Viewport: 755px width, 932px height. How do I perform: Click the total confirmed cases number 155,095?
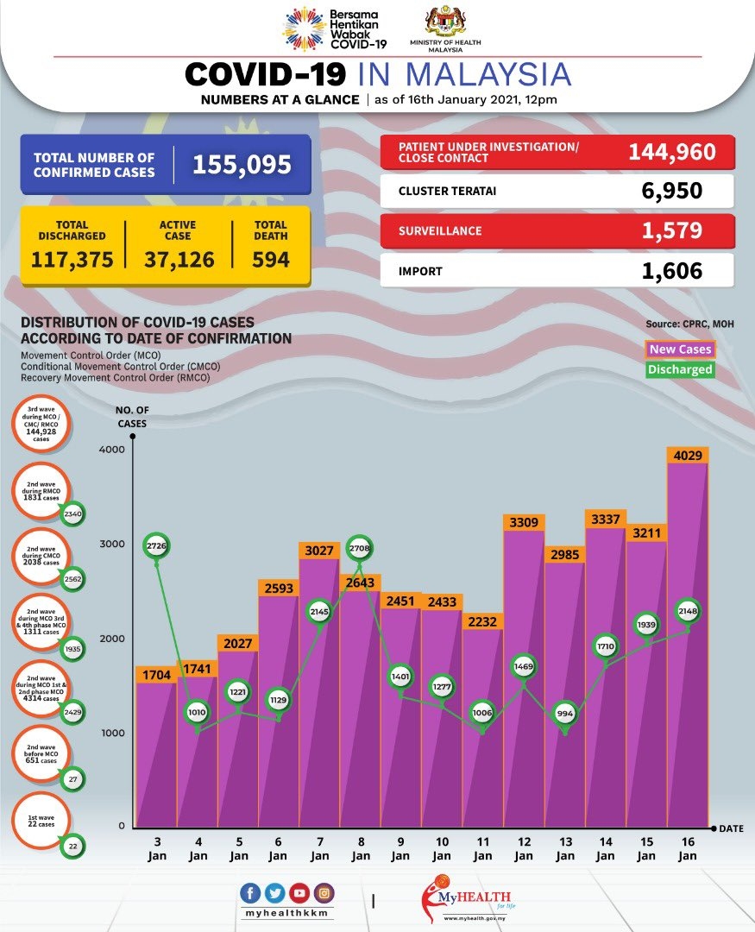242,164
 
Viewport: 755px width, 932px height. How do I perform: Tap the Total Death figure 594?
271,259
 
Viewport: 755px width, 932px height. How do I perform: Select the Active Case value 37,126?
179,259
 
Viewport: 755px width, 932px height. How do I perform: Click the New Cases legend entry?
681,349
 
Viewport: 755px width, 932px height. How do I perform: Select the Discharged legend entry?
681,369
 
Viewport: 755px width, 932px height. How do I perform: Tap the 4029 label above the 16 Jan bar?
688,455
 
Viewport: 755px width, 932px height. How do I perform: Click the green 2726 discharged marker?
156,545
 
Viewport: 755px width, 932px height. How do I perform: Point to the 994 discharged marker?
565,714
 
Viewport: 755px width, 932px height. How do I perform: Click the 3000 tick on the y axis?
115,545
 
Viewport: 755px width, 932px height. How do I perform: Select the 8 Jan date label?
361,849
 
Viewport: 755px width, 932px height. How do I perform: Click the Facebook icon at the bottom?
251,893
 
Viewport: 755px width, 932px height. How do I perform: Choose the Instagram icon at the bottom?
324,893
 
